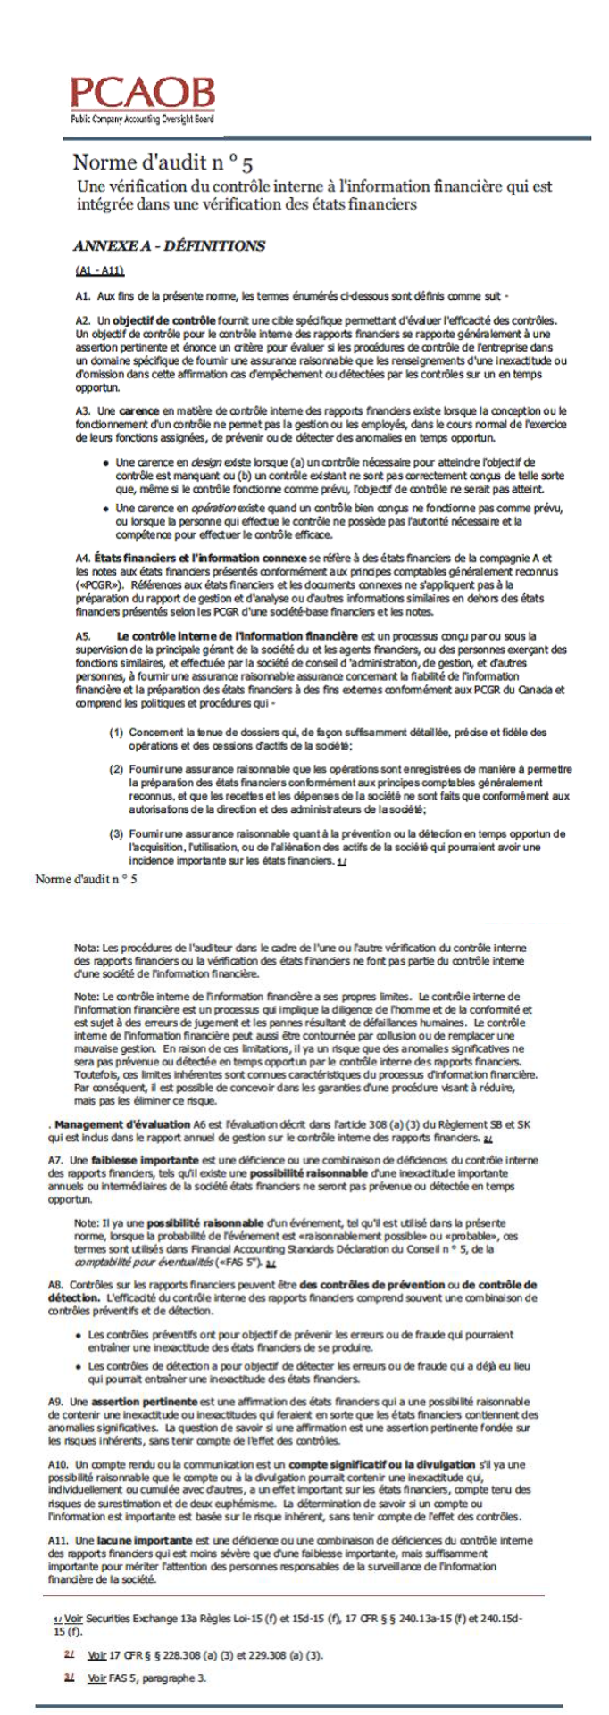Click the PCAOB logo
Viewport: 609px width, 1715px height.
pyautogui.click(x=143, y=93)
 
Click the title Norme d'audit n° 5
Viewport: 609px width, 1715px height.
pyautogui.click(x=163, y=163)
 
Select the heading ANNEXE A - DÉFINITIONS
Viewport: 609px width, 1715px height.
pyautogui.click(x=169, y=245)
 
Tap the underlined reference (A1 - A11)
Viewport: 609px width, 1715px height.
pyautogui.click(x=99, y=270)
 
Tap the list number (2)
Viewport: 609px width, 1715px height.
pyautogui.click(x=116, y=768)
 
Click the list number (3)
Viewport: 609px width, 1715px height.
pyautogui.click(x=116, y=833)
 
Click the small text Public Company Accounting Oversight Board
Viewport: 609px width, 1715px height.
pyautogui.click(x=142, y=119)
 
